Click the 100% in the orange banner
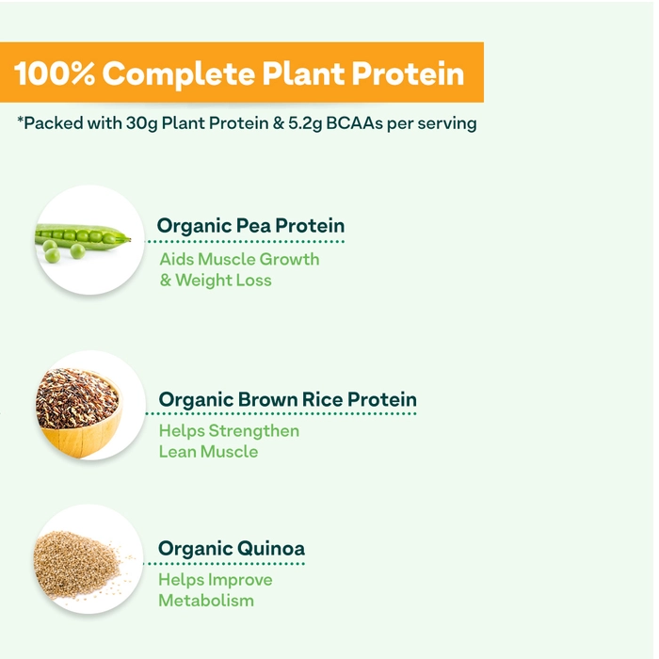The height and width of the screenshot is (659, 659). click(x=55, y=73)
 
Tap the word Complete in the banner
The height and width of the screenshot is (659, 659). click(x=179, y=74)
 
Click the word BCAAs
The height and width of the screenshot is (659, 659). click(x=354, y=123)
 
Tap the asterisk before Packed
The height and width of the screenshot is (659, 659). click(x=20, y=121)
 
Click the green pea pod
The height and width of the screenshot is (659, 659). click(x=83, y=235)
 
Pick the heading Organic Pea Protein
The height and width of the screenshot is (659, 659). click(x=250, y=226)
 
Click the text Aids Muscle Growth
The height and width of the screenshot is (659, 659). click(x=239, y=259)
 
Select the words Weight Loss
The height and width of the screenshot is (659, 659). click(x=223, y=281)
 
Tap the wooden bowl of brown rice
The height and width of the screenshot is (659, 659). click(x=79, y=413)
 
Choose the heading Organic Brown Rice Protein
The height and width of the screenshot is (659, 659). click(x=287, y=399)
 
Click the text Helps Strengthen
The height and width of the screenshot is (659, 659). click(x=229, y=431)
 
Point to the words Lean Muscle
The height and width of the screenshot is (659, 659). click(x=208, y=452)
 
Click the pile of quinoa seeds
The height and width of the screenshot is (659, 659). click(x=79, y=564)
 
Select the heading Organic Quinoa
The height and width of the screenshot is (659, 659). click(x=232, y=549)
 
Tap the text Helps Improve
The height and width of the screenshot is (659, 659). click(x=216, y=580)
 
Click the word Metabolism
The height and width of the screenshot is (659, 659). click(x=206, y=601)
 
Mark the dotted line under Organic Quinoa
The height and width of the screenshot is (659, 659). click(x=224, y=564)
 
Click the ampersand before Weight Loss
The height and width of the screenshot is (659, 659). click(x=166, y=281)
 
